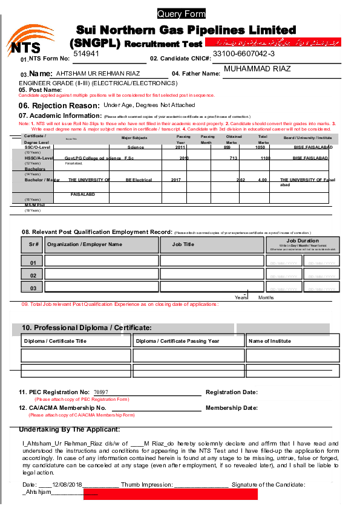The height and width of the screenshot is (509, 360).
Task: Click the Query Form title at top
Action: pos(182,14)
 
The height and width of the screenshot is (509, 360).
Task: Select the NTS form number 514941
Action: pos(87,54)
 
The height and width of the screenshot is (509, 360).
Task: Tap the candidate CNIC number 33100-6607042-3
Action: pos(244,54)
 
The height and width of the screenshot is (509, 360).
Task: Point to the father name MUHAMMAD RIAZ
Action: pos(257,69)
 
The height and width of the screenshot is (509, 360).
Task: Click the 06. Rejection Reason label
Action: pos(59,105)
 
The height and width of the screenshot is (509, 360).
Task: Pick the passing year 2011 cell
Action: pos(180,147)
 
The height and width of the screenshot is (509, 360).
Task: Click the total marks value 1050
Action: pos(261,147)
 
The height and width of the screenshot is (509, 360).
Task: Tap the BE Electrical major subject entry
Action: pos(139,180)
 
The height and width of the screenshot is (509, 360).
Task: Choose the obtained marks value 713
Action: pos(233,158)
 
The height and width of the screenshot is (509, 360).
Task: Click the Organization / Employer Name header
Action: pos(85,244)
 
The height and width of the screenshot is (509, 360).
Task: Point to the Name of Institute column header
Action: pos(270,341)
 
